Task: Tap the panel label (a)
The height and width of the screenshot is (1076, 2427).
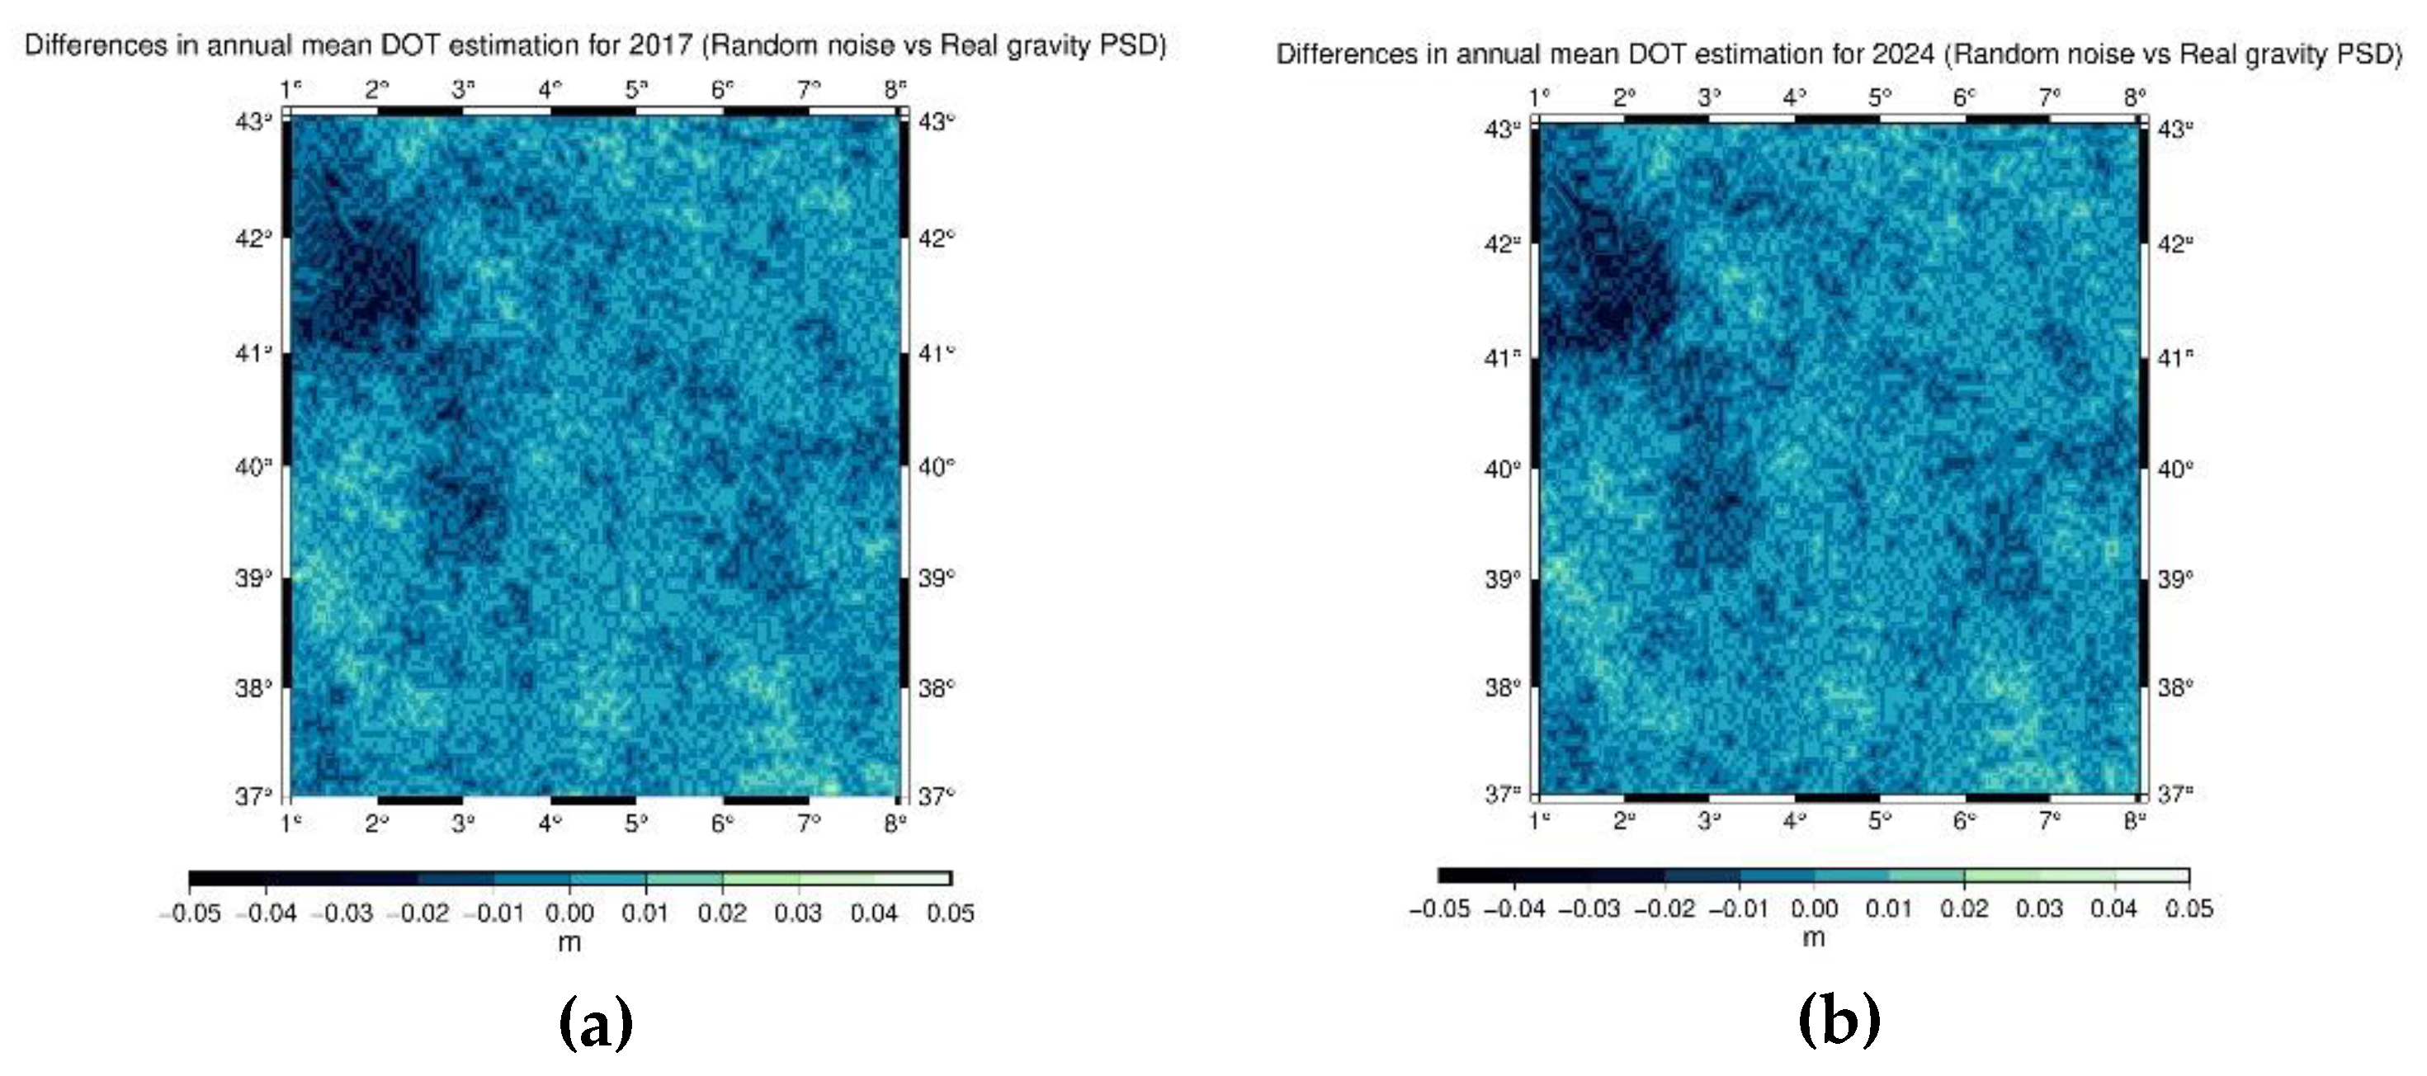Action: pos(596,1023)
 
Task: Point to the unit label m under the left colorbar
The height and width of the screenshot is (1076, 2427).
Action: pos(569,942)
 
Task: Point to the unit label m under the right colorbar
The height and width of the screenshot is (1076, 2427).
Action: pos(1813,938)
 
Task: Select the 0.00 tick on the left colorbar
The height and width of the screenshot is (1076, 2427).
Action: pos(569,912)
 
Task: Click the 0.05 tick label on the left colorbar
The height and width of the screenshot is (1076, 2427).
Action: pos(950,912)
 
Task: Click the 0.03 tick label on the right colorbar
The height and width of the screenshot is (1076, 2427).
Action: pos(2039,908)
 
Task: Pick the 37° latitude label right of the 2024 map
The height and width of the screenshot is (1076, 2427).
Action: pos(2175,793)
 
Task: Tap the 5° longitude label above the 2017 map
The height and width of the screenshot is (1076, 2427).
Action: pos(637,89)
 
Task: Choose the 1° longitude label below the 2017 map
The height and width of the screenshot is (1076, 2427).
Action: pos(291,823)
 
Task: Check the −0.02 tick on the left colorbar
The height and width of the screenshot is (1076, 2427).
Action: pos(418,912)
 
